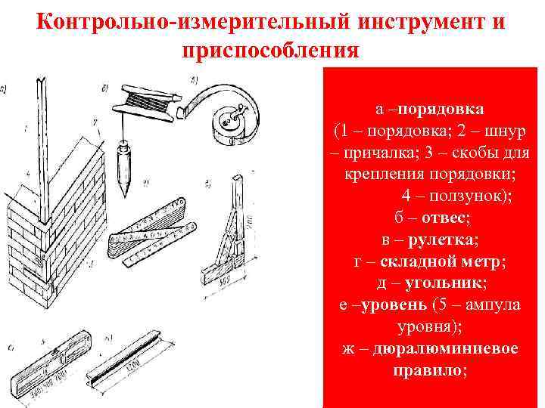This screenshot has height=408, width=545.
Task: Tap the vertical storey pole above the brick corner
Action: (41, 128)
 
